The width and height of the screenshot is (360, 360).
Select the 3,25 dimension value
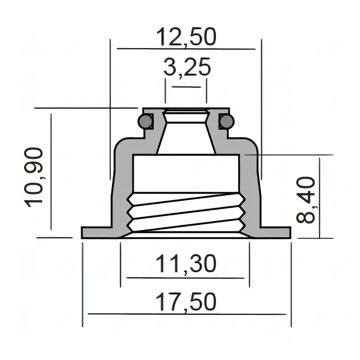[x=187, y=67]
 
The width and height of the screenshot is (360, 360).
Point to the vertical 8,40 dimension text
[x=306, y=200]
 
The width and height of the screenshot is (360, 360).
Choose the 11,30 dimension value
[x=186, y=264]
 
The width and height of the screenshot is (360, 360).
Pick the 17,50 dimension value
[x=186, y=302]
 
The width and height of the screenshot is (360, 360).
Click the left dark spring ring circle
[x=145, y=121]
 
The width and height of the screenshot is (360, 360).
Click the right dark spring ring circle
[x=227, y=121]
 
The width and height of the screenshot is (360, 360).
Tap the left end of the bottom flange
[x=82, y=233]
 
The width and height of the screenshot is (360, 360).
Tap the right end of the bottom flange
[x=290, y=233]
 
